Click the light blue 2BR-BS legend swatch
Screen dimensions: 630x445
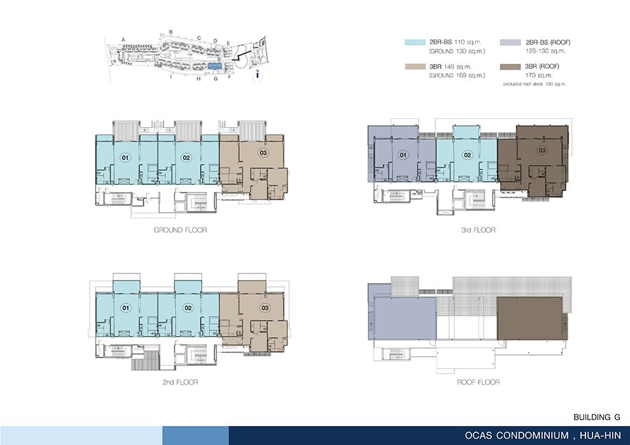tap(415, 42)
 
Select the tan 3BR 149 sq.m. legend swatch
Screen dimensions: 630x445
tap(415, 67)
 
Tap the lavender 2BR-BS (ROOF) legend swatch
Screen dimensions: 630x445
tap(510, 42)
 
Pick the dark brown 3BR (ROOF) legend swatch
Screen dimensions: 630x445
tap(510, 67)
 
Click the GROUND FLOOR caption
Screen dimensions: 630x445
tap(180, 230)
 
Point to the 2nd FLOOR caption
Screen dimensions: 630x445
tap(180, 383)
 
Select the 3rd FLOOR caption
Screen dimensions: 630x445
tap(478, 230)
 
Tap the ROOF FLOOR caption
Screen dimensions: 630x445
tap(478, 383)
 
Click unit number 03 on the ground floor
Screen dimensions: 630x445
tap(263, 153)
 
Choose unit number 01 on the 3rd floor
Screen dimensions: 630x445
tap(403, 155)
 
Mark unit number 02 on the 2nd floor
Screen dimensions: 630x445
tap(188, 308)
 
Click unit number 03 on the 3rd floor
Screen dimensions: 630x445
tap(542, 150)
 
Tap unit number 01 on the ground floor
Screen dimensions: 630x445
tap(125, 158)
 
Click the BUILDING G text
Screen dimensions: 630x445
tap(597, 417)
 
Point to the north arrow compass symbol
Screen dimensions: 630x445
tap(257, 76)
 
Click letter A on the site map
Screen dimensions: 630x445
tap(123, 39)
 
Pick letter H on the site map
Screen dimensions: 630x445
tap(199, 79)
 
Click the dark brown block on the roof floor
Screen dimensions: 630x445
tap(529, 318)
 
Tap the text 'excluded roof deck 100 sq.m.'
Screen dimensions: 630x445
tap(535, 85)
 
